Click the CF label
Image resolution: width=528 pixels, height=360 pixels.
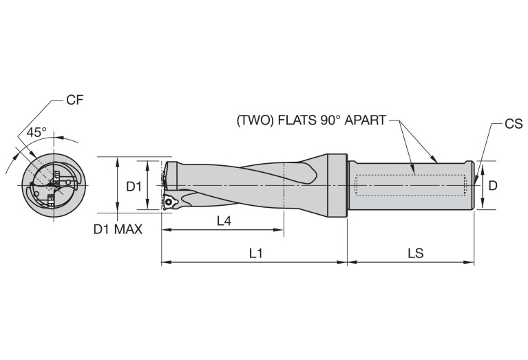[74, 100]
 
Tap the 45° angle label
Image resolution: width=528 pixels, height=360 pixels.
[36, 131]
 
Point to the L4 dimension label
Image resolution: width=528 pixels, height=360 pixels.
[224, 221]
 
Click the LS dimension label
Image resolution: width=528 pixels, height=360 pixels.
[414, 253]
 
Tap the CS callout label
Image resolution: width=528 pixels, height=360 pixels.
[513, 124]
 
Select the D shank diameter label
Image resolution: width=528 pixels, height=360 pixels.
[492, 186]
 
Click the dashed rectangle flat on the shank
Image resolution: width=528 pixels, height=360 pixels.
[410, 186]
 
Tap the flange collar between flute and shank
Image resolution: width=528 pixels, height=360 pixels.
[337, 184]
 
